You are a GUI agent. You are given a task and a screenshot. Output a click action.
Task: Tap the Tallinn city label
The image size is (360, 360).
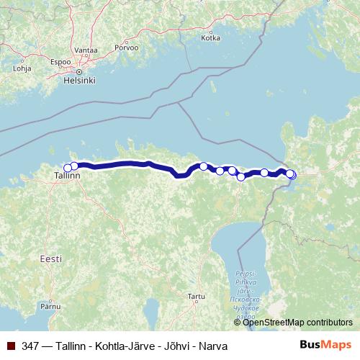click(x=67, y=175)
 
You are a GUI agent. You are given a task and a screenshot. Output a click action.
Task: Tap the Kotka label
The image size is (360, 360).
click(x=210, y=38)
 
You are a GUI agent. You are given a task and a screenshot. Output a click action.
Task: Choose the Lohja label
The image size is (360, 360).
click(x=22, y=70)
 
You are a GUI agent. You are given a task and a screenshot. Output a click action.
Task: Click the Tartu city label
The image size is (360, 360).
click(x=196, y=296)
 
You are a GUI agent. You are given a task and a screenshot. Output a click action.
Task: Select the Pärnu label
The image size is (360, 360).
click(x=50, y=306)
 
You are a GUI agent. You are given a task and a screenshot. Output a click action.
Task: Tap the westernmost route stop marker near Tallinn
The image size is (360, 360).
click(x=68, y=168)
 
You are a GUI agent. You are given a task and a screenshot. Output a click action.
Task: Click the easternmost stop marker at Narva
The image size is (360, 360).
click(x=292, y=174)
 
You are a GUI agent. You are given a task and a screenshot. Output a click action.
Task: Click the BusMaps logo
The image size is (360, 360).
click(x=326, y=346)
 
